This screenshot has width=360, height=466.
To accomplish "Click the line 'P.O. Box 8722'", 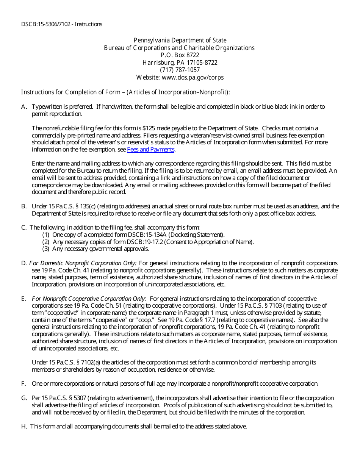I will click(x=180, y=55).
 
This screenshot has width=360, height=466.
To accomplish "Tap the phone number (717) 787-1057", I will click(x=180, y=70).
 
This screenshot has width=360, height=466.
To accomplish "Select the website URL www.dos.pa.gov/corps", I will click(x=193, y=78).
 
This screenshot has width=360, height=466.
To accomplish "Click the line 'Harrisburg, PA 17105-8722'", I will click(x=180, y=63).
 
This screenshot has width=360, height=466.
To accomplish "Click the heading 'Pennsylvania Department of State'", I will click(x=180, y=41).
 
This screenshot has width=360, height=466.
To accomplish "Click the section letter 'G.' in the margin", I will click(x=24, y=398).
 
